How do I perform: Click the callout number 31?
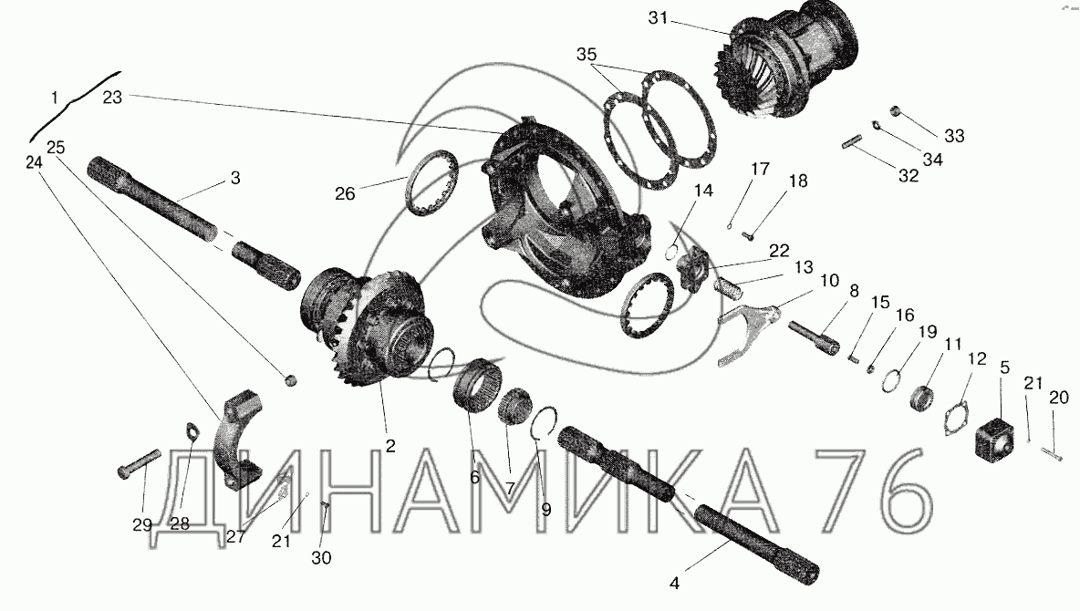[x=658, y=18]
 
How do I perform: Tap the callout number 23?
[x=112, y=98]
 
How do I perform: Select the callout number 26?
[x=345, y=194]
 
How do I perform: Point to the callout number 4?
[x=674, y=584]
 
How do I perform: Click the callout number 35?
[x=587, y=55]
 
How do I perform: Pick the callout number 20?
[x=1059, y=398]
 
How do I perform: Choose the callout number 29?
[x=142, y=525]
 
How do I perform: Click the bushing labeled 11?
[x=922, y=399]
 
